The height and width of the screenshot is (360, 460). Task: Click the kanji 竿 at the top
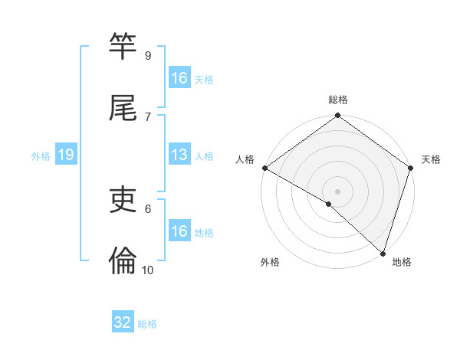coord(123,47)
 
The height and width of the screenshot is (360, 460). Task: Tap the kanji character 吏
coord(123,200)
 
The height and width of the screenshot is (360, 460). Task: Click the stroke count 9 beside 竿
coord(147,55)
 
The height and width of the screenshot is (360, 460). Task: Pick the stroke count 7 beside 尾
coord(147,116)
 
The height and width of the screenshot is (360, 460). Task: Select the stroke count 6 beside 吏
coord(147,208)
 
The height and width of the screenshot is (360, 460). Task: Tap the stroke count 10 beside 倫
coord(148,270)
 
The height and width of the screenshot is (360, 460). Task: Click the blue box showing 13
coord(179,155)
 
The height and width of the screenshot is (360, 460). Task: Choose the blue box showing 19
coord(66,155)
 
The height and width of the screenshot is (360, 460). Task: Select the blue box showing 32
coord(123,322)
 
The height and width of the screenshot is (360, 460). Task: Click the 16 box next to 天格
coord(179,77)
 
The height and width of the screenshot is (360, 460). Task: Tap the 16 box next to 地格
coord(179,231)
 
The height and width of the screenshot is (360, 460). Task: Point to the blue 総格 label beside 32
coord(148,324)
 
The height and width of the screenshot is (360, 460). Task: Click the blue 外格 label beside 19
coord(41,155)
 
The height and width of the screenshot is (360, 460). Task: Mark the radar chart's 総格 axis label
coord(338,100)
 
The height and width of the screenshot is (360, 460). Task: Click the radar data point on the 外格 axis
coord(329,204)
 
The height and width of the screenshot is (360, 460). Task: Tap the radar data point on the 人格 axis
coord(264,168)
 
